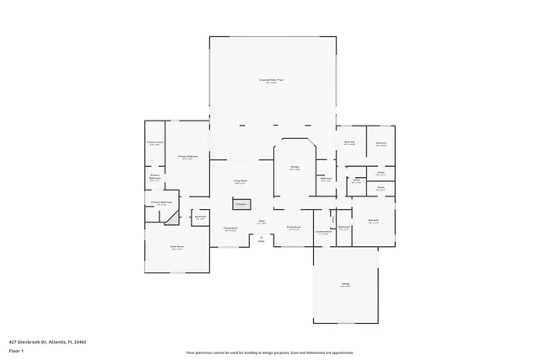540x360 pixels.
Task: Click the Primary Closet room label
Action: pos(154,143)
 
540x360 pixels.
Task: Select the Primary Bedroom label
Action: pos(187,158)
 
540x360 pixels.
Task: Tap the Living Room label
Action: pos(240,182)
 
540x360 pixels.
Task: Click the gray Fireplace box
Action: pos(240,204)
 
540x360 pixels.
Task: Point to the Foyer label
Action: pos(262,223)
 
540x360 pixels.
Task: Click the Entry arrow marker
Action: pos(262,239)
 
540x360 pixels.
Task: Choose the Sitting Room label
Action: pos(230,228)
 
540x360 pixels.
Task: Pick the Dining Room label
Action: pos(294,228)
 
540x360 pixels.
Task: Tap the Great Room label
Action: pos(177,248)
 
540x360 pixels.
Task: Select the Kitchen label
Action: pos(295,168)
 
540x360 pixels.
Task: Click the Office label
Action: pos(357,180)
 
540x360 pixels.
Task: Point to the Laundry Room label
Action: pos(323,232)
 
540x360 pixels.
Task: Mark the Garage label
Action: pos(346,287)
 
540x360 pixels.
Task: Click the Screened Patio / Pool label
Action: pos(271,81)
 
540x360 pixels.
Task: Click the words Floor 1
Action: pos(16,349)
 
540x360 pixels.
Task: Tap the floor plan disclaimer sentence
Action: pos(270,352)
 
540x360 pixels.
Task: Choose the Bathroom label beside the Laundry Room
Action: pos(344,228)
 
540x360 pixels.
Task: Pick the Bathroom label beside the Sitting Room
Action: pos(200,218)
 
